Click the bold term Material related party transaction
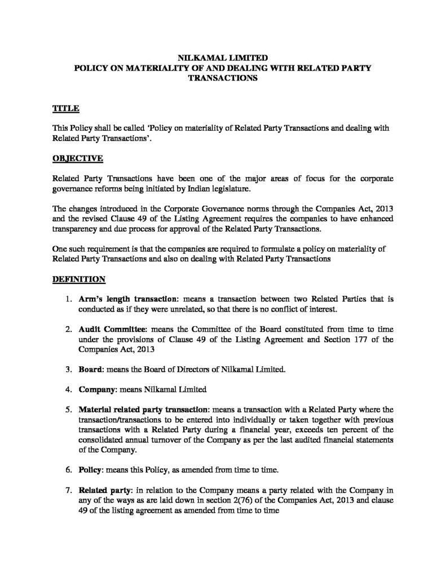tap(144, 409)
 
